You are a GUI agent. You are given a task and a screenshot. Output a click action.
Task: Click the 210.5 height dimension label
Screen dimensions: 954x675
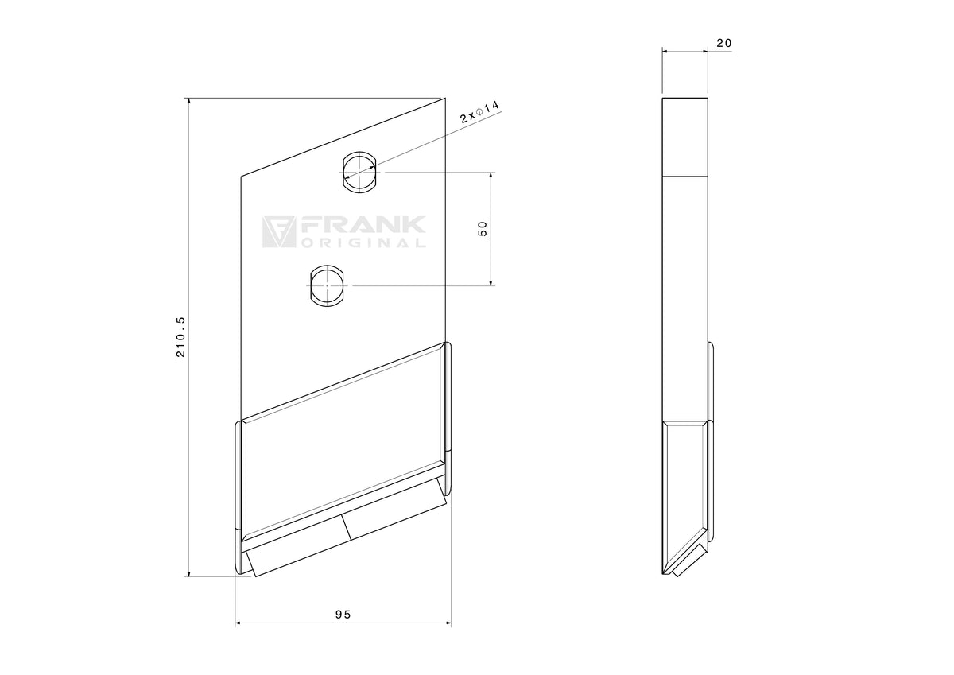tap(180, 336)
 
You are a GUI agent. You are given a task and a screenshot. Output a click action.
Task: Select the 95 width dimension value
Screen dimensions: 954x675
tap(343, 614)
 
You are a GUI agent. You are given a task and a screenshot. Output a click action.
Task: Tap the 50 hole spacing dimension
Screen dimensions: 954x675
tap(483, 229)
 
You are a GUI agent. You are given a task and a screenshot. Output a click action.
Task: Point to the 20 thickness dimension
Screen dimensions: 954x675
tap(724, 43)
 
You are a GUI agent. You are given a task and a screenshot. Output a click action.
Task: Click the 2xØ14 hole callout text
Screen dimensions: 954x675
tap(479, 112)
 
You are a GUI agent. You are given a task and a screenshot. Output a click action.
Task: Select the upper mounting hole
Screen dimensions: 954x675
tap(360, 172)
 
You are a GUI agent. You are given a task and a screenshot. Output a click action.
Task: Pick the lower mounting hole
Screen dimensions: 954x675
tap(327, 285)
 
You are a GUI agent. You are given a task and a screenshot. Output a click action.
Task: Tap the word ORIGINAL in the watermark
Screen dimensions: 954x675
tap(363, 243)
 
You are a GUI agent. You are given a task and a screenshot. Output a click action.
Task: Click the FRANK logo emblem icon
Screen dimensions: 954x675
tap(278, 232)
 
